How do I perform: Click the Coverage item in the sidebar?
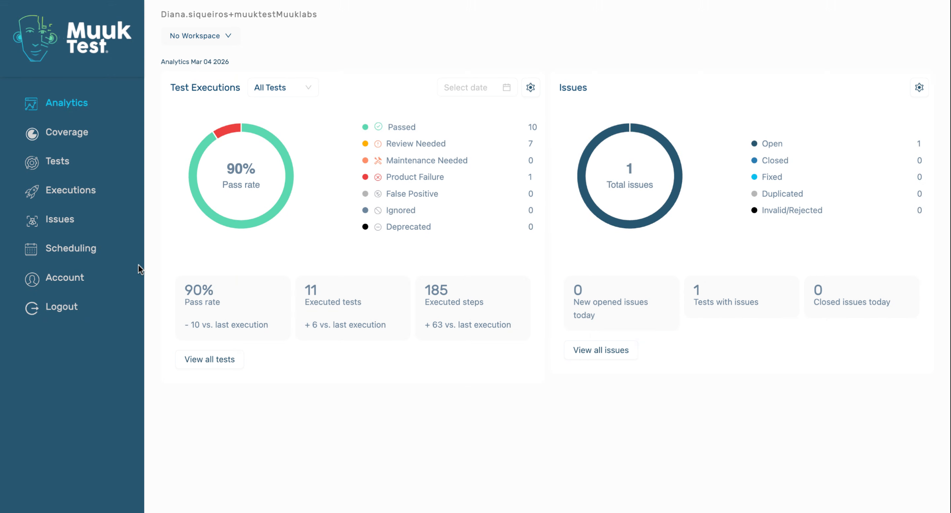tap(66, 132)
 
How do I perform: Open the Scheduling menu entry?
tap(70, 248)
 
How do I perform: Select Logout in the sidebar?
tap(61, 307)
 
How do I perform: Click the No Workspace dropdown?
tap(200, 36)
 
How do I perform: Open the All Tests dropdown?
tap(282, 88)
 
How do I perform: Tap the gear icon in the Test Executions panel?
tap(530, 88)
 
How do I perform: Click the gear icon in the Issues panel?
tap(919, 88)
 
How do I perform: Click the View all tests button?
tap(210, 359)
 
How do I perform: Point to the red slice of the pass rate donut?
tap(227, 130)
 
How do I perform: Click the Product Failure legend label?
tap(415, 177)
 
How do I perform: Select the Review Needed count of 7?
tap(530, 144)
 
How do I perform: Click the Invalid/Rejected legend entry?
tap(792, 210)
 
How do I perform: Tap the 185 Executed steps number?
tap(436, 290)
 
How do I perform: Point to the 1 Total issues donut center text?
tap(630, 176)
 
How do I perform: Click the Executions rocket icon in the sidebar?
tap(32, 191)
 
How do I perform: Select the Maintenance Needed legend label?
tap(426, 160)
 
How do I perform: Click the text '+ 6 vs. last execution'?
tap(345, 325)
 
